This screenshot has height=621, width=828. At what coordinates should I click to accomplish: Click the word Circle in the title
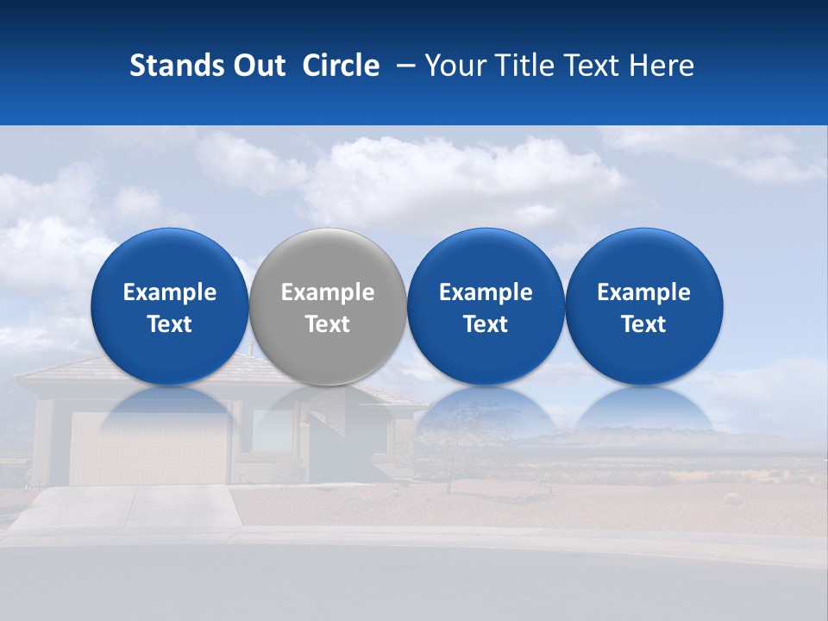[341, 66]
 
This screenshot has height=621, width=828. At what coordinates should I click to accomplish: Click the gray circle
[328, 306]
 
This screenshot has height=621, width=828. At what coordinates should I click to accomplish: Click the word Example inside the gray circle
[328, 292]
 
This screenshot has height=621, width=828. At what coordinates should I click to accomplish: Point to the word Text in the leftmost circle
[170, 324]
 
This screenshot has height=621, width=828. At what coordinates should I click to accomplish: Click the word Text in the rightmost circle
[644, 324]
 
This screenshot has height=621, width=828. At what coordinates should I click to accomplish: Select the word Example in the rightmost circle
[644, 292]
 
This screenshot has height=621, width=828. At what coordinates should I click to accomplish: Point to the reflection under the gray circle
[328, 410]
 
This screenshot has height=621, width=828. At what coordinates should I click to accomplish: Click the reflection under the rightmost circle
[644, 410]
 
